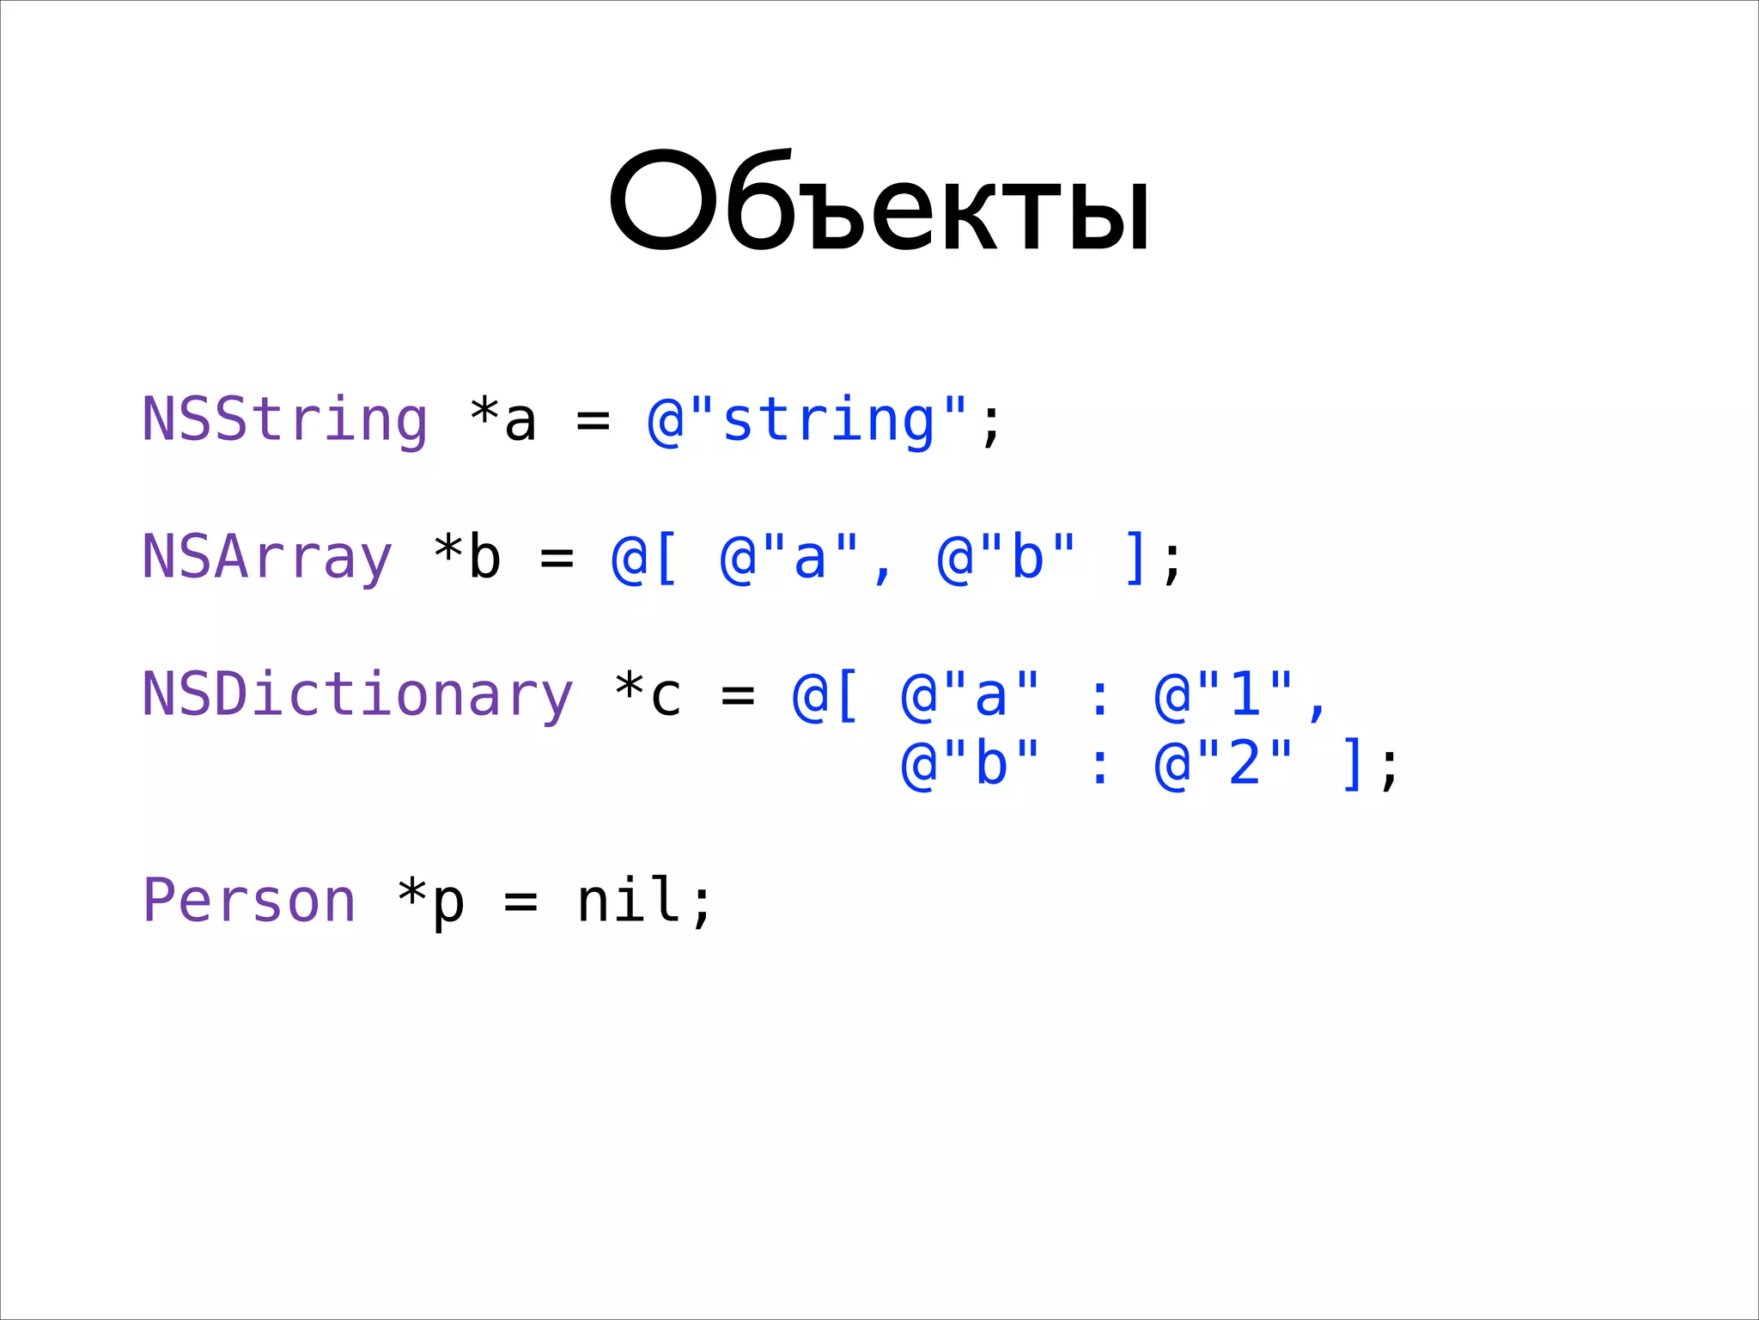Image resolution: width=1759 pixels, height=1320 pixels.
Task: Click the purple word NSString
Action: point(284,420)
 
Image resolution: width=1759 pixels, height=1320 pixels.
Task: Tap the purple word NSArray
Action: point(266,558)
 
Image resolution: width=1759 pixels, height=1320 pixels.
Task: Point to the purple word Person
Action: point(249,901)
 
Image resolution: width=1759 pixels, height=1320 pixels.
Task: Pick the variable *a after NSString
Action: point(503,420)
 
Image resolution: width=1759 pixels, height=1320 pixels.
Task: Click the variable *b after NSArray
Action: point(467,558)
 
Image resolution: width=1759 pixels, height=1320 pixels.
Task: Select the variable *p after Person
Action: point(431,901)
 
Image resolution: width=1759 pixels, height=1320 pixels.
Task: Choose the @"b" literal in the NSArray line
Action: point(1006,558)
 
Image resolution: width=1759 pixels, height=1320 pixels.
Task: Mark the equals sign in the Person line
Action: point(520,903)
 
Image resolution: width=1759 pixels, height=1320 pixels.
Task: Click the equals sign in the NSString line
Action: point(593,422)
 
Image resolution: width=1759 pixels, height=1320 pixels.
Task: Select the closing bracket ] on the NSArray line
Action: point(1134,558)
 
